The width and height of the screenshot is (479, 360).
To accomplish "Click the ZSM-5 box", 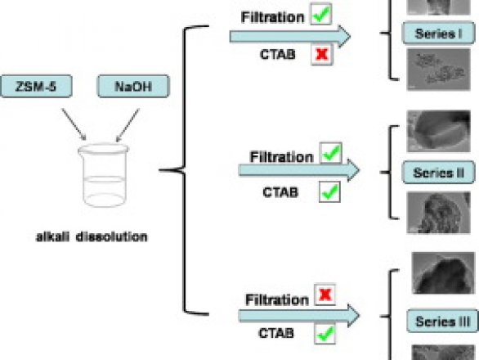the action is click(36, 86).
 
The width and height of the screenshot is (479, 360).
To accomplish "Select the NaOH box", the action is click(133, 86).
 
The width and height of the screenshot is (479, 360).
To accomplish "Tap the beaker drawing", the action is click(103, 175).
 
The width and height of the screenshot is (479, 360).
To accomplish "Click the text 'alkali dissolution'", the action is click(92, 236).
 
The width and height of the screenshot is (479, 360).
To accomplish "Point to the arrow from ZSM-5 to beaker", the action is click(74, 124).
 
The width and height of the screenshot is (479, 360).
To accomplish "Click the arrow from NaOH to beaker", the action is click(128, 125).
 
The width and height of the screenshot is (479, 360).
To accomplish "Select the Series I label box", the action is click(438, 33).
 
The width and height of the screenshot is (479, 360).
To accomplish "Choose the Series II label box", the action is click(439, 173).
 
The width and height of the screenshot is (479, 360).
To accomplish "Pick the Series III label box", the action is click(442, 322).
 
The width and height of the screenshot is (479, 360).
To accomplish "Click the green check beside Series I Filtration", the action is click(321, 14).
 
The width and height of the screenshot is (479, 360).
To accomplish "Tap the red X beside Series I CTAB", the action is click(322, 55).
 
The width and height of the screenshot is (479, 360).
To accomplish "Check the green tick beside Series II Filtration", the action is click(331, 153).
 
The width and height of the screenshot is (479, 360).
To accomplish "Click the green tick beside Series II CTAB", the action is click(329, 191).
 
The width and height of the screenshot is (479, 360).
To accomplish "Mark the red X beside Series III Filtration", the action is click(325, 295).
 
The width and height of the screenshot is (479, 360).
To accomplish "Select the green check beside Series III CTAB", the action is click(325, 334).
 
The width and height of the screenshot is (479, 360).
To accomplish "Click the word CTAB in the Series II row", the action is click(280, 192).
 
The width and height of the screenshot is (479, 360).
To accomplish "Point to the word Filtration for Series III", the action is click(277, 299).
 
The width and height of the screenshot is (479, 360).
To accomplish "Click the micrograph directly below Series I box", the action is click(438, 70).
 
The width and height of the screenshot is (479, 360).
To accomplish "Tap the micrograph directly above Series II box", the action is click(438, 131).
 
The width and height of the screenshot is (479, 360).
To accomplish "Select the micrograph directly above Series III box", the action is click(443, 272).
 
